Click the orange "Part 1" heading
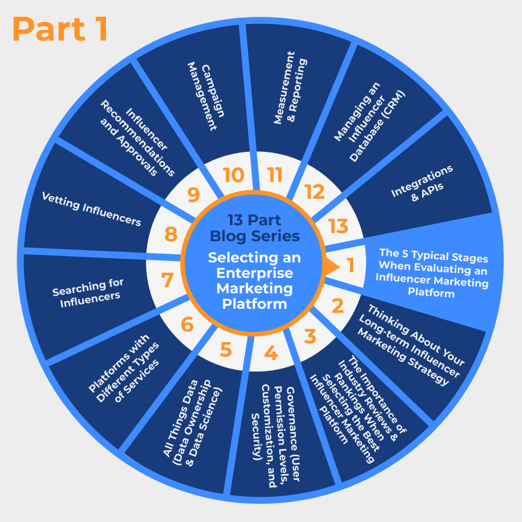coord(60,29)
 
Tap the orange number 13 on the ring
coord(338,225)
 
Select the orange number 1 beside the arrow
coord(351,265)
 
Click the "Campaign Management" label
coord(202,97)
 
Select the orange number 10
coord(234,175)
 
